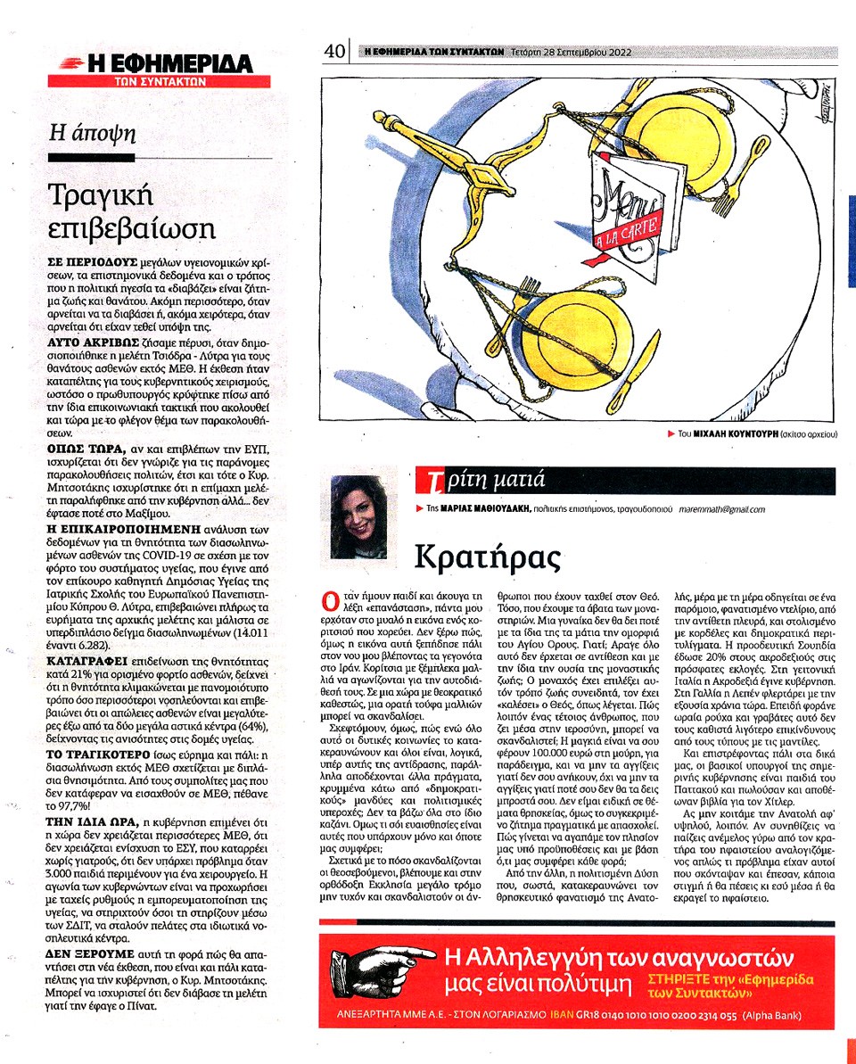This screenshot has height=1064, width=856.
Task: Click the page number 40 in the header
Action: pos(334,53)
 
